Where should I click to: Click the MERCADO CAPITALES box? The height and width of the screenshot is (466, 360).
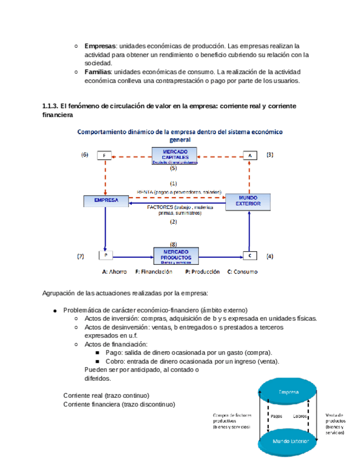click(x=175, y=156)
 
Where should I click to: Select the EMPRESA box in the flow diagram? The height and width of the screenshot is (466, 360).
click(x=106, y=201)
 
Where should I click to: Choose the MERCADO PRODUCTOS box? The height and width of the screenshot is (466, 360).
click(x=176, y=256)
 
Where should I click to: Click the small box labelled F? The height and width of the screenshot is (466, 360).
click(x=104, y=156)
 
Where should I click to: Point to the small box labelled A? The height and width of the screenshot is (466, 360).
click(x=250, y=156)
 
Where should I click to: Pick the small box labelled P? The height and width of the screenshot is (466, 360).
click(x=105, y=256)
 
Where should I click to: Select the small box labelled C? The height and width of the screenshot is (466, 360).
click(x=250, y=256)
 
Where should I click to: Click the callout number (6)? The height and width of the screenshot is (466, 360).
click(x=85, y=155)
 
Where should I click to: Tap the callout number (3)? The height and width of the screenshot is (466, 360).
click(x=269, y=155)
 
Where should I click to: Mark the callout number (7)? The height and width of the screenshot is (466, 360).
click(x=81, y=256)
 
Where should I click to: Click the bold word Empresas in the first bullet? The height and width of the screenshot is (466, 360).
click(x=100, y=46)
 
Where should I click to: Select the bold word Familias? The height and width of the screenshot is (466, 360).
click(x=98, y=72)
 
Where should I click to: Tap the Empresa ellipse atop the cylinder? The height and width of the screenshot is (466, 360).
click(x=288, y=392)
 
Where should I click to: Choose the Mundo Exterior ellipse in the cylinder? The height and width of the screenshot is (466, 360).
click(x=290, y=441)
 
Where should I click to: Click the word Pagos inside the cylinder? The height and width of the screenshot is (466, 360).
click(x=276, y=416)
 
